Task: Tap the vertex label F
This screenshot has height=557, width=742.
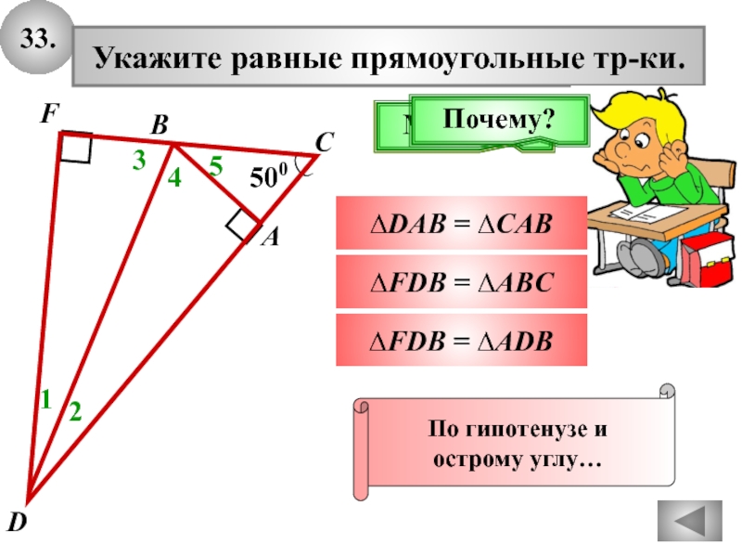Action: click(x=48, y=114)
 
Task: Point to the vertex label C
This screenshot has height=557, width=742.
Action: click(x=324, y=143)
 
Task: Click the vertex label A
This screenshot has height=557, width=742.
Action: click(x=269, y=238)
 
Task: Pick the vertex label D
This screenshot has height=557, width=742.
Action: click(x=16, y=525)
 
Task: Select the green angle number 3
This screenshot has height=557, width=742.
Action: click(x=138, y=161)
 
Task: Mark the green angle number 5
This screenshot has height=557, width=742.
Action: click(x=215, y=167)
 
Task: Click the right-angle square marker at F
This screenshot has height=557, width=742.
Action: click(x=75, y=147)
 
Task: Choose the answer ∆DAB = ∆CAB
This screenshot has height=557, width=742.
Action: click(x=461, y=223)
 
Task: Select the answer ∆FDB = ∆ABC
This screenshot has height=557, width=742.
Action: click(x=461, y=282)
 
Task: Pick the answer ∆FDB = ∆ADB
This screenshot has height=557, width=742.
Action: click(x=461, y=343)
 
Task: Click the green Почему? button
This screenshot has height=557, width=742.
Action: click(x=498, y=119)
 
